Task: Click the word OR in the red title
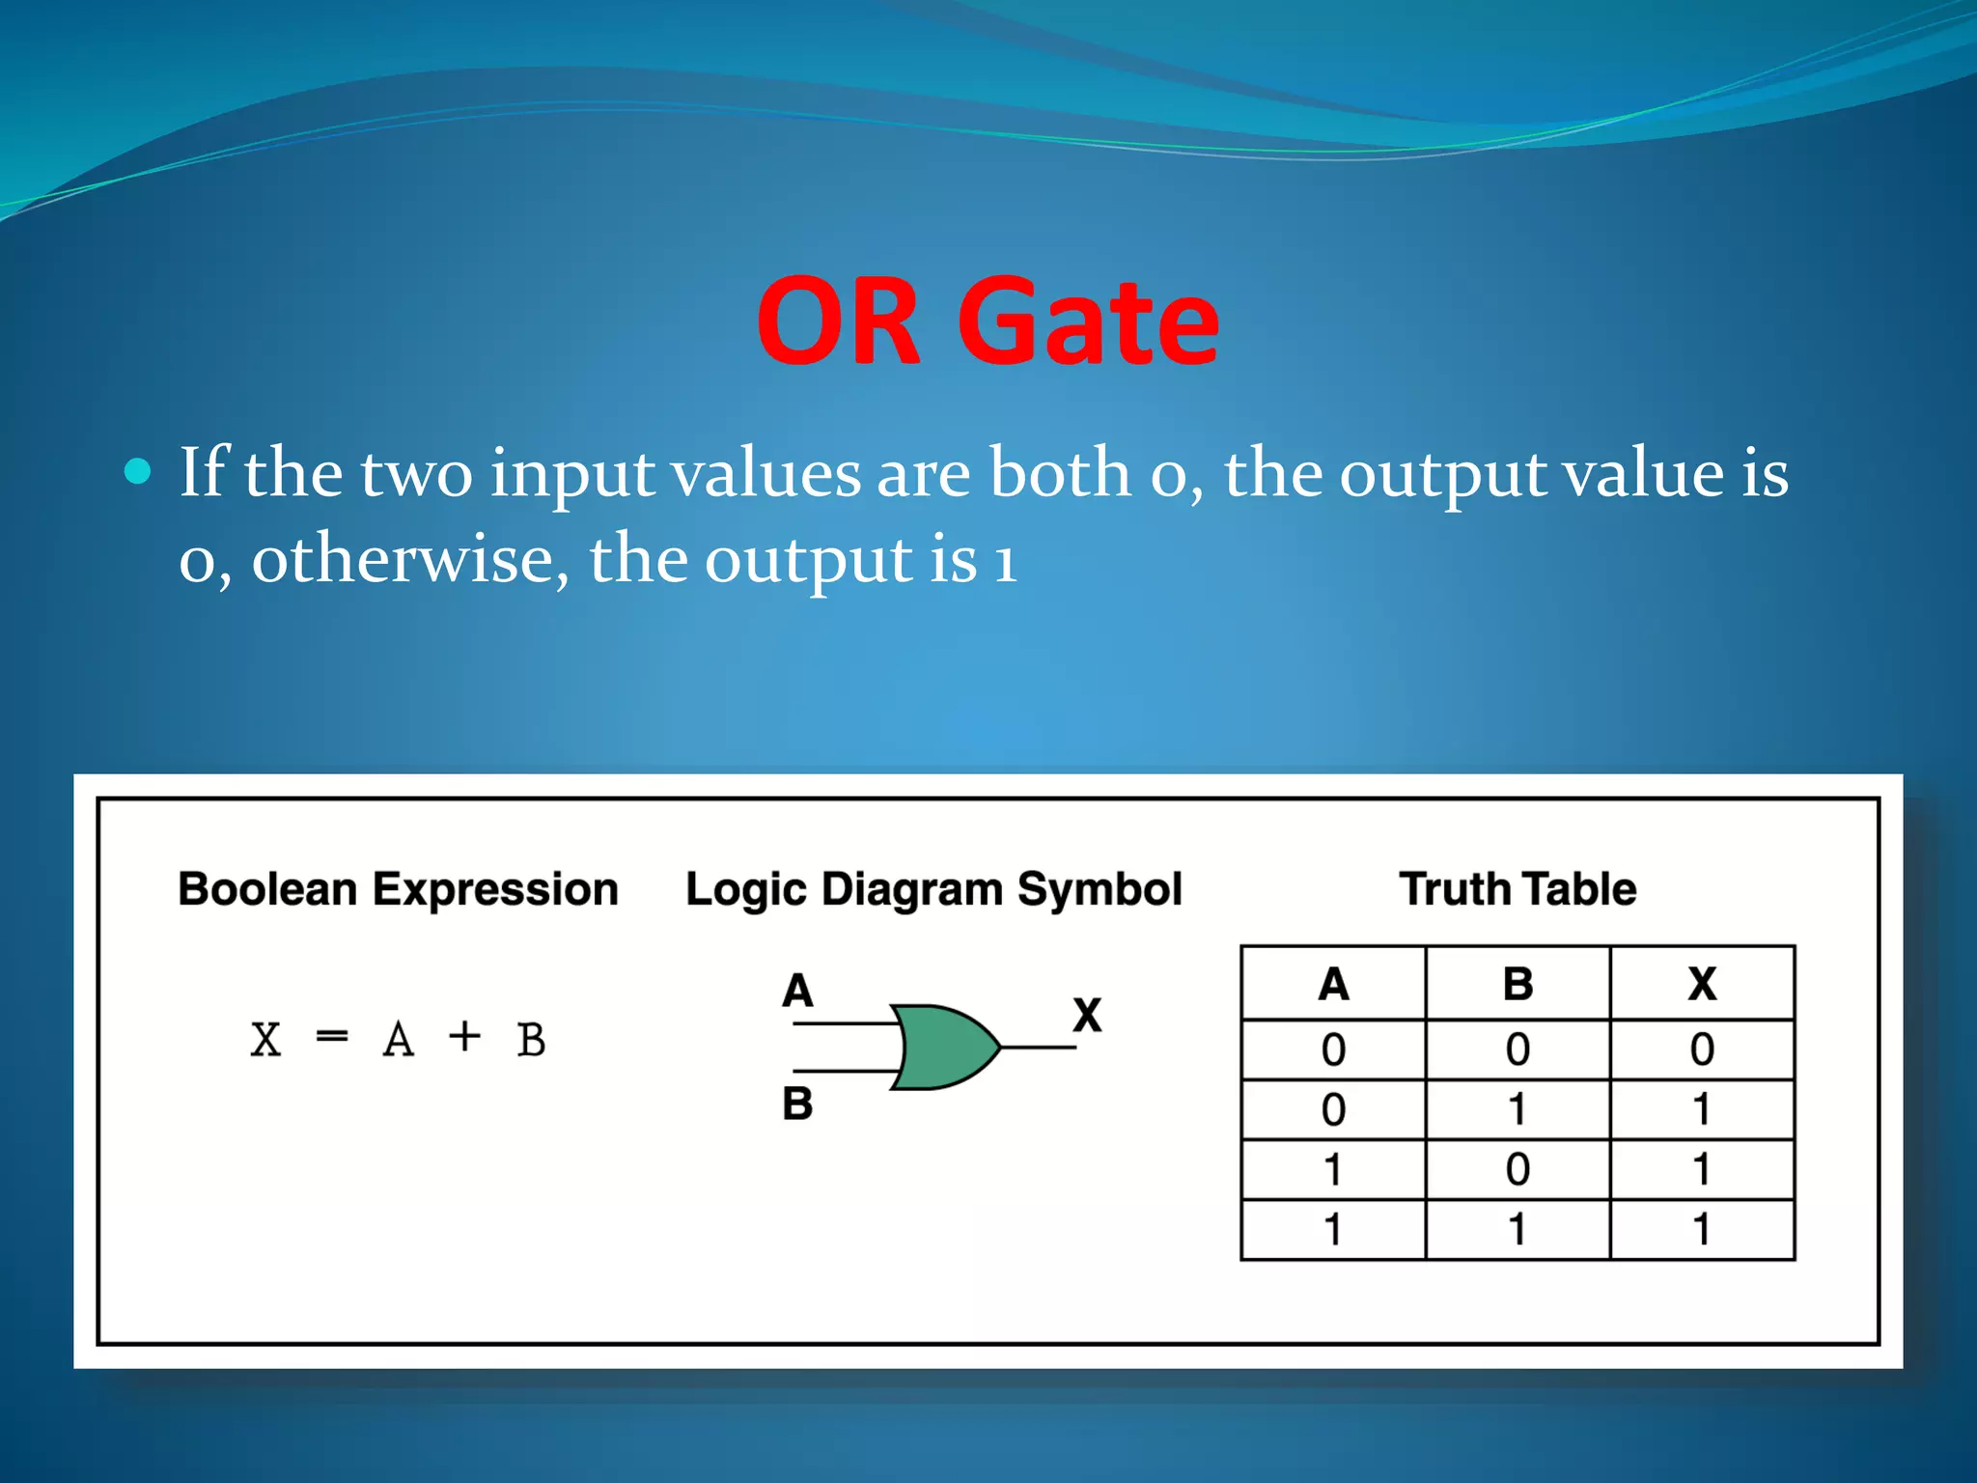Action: (838, 322)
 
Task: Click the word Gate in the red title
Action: (1088, 322)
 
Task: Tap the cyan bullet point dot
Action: (139, 471)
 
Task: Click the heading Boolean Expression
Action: (398, 888)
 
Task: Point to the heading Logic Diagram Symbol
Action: (933, 888)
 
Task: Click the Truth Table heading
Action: (1518, 888)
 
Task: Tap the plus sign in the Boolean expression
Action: (464, 1037)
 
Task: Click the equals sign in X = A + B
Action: (331, 1038)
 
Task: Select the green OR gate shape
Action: (941, 1048)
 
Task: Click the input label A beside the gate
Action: (797, 991)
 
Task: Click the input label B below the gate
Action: (797, 1104)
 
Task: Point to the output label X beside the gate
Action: (1087, 1015)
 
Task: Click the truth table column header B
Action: (1518, 984)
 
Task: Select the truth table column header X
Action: (1702, 984)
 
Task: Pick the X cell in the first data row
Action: (1702, 1049)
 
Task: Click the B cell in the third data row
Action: (1518, 1169)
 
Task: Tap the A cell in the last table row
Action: (1333, 1229)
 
